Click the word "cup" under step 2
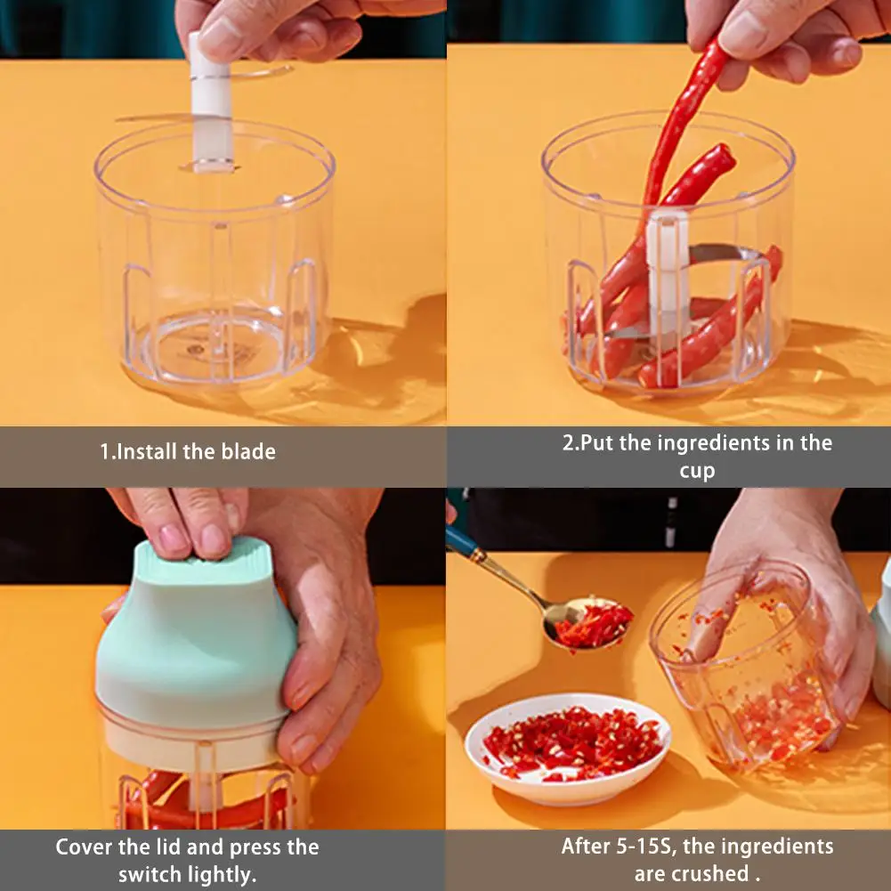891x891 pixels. click(x=697, y=472)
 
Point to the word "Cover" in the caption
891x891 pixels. click(x=84, y=847)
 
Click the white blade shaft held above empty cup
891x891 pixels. click(x=211, y=102)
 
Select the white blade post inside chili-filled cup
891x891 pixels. click(x=668, y=272)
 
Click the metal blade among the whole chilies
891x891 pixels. click(x=722, y=253)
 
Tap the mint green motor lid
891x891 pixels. click(x=196, y=636)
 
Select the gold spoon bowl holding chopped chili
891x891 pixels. click(x=587, y=623)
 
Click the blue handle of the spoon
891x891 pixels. click(x=463, y=542)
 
